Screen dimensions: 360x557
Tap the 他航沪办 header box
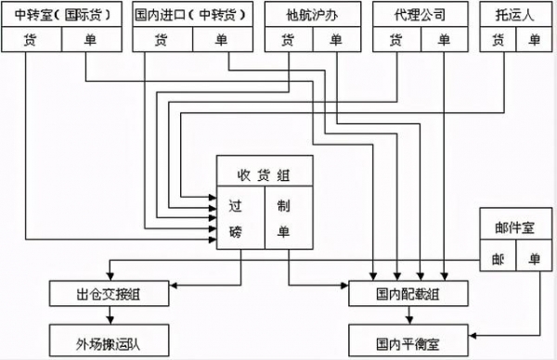click(307, 15)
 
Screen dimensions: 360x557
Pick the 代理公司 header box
click(421, 15)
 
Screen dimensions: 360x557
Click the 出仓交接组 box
click(109, 294)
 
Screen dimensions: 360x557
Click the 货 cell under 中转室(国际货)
click(32, 39)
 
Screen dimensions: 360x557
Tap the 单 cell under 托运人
click(534, 39)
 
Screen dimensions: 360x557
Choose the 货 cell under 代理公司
click(396, 39)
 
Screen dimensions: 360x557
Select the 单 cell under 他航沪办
click(335, 39)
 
